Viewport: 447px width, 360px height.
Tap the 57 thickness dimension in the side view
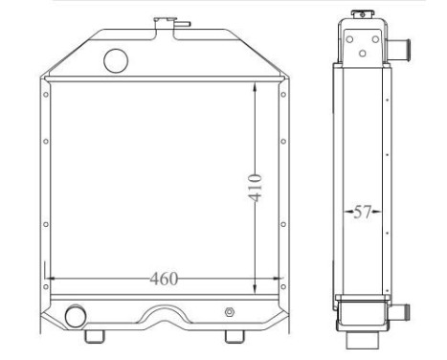(x=362, y=213)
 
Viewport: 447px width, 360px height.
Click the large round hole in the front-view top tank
(x=115, y=61)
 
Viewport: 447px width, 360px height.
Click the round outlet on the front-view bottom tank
(x=75, y=315)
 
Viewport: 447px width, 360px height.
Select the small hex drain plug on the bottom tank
(x=229, y=313)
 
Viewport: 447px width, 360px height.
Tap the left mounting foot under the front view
(x=94, y=336)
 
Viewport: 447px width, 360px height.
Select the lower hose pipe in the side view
(x=404, y=310)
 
